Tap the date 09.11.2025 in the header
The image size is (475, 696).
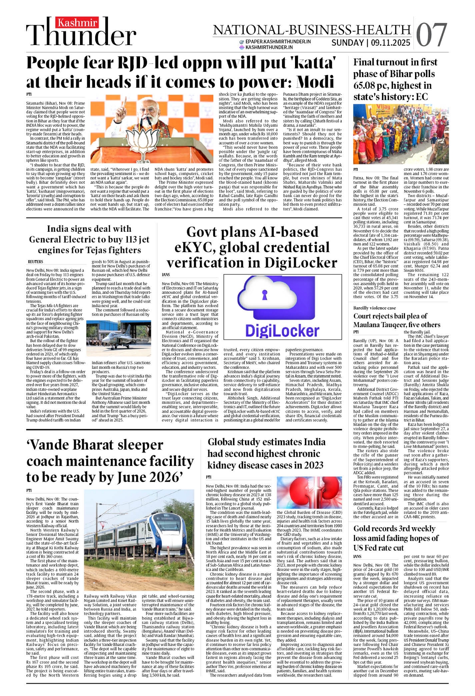point(390,43)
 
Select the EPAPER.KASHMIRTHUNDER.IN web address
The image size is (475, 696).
point(278,42)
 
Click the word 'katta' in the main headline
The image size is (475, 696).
point(307,63)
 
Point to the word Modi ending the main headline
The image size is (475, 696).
point(308,82)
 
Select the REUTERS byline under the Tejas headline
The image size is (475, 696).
point(35,262)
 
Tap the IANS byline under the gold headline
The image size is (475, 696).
point(357,556)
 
